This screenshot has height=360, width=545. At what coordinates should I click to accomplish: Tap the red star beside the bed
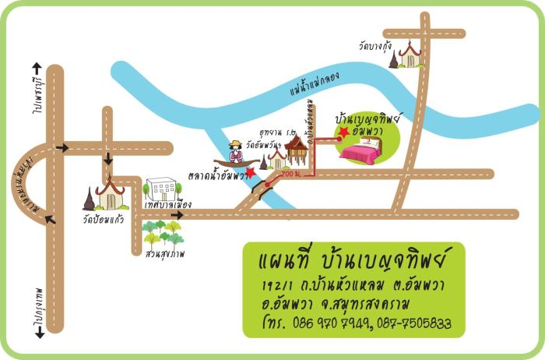pos(344,133)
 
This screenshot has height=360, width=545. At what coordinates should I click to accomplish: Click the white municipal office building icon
pos(162,189)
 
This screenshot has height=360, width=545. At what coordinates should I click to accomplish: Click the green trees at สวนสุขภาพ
pos(162,233)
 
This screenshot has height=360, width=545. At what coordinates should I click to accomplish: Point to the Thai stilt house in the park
pos(295,150)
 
